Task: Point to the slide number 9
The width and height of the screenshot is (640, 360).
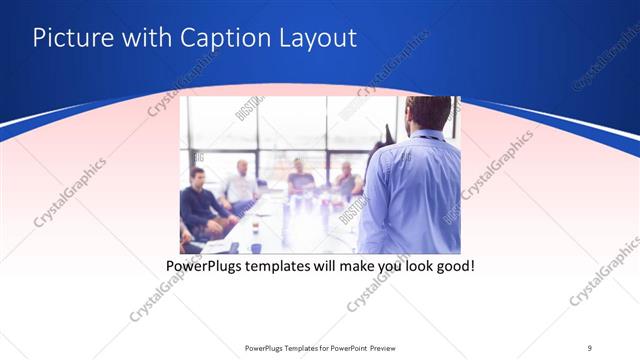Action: (x=589, y=347)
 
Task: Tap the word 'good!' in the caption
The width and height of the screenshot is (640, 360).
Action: (x=452, y=267)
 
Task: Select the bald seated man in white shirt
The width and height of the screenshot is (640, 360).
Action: (x=240, y=185)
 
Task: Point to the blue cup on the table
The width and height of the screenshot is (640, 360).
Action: (x=256, y=246)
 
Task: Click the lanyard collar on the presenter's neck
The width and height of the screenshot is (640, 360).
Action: (x=426, y=136)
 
